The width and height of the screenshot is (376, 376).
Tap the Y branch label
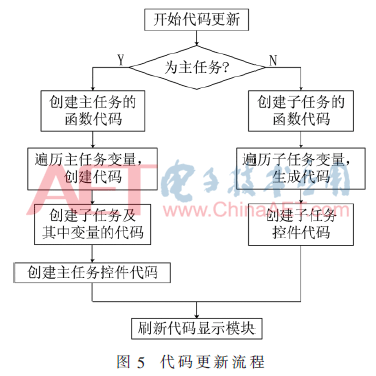coord(121,59)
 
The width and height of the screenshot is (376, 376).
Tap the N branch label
coord(273,59)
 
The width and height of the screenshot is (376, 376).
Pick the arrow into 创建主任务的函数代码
coord(92,83)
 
